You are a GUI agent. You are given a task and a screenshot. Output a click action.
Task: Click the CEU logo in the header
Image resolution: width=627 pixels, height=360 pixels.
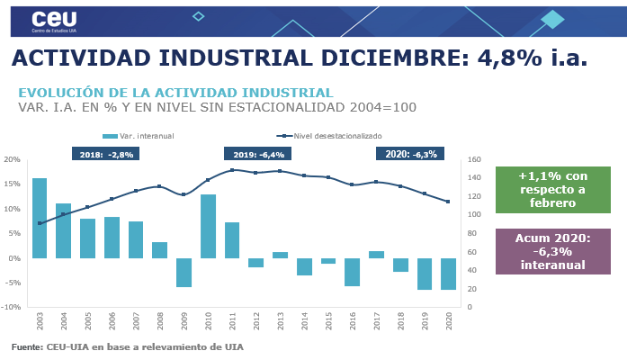[x=53, y=21]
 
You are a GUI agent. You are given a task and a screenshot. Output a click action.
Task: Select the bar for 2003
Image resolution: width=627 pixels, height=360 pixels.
[x=40, y=218]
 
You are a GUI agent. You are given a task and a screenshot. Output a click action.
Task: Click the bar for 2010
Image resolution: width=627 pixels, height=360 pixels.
[x=208, y=226]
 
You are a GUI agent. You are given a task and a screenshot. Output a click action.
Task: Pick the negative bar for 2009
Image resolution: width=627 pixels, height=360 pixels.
[x=184, y=273]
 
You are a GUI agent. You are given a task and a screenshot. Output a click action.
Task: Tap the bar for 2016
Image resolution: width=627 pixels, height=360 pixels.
[x=353, y=272]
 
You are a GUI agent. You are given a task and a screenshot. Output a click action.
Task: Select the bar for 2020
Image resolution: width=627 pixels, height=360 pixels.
[x=448, y=274]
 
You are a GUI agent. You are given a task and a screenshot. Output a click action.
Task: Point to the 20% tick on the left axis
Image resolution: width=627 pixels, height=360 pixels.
[x=13, y=159]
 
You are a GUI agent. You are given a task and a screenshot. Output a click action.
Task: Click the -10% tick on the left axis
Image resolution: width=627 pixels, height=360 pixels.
[x=11, y=307]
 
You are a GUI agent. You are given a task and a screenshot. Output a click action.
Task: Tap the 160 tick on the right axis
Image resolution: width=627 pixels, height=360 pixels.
[x=473, y=159]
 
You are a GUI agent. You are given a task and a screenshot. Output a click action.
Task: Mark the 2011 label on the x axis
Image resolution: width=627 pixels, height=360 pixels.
[x=232, y=321]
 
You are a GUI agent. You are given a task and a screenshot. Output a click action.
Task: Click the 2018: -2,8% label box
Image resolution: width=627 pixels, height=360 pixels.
[x=105, y=154]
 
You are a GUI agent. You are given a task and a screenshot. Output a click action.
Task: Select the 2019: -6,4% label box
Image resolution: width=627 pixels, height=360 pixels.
[x=257, y=154]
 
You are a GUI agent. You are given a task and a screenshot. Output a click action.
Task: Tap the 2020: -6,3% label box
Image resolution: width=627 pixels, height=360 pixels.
[x=410, y=154]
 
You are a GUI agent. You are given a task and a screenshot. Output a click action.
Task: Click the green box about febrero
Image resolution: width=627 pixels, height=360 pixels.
[x=552, y=190]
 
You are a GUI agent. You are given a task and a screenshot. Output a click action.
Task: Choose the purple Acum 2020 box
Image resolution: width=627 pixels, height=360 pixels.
[x=552, y=251]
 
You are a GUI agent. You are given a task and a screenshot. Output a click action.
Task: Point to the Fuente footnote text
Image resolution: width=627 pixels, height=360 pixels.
[x=127, y=346]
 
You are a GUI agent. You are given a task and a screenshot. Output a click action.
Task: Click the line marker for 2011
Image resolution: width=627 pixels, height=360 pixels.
[x=232, y=170]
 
